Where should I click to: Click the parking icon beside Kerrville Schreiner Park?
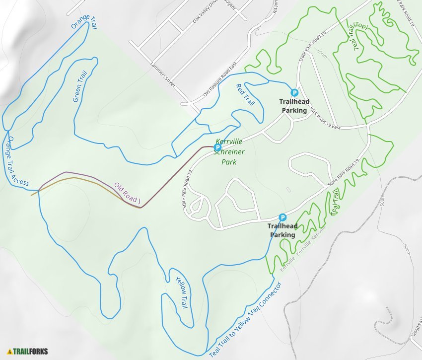click(217, 147)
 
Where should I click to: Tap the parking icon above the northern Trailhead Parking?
click(294, 92)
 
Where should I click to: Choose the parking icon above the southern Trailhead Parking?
click(282, 217)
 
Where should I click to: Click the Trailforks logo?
click(27, 351)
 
